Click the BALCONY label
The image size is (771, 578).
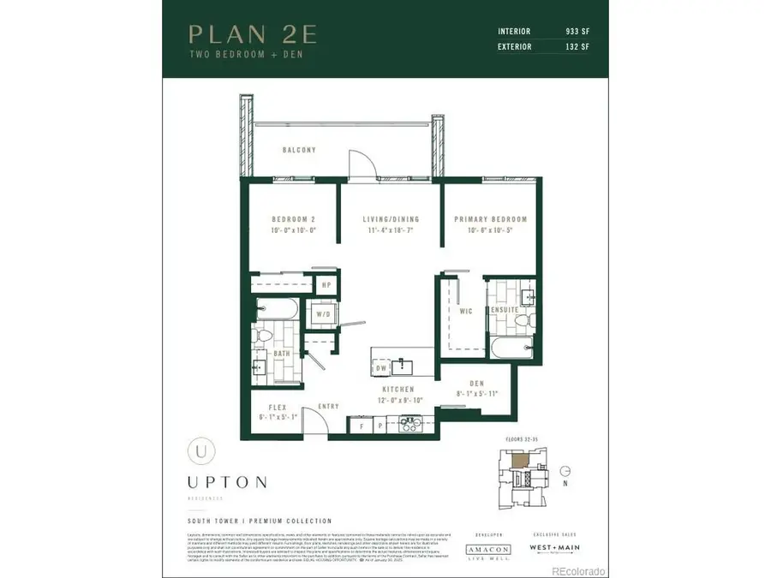(x=299, y=151)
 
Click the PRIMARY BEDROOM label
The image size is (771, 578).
(x=490, y=219)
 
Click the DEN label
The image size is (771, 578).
(x=478, y=384)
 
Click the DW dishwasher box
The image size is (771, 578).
(x=380, y=367)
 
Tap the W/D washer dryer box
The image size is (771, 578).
(x=323, y=313)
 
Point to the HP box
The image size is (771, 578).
(x=326, y=285)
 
